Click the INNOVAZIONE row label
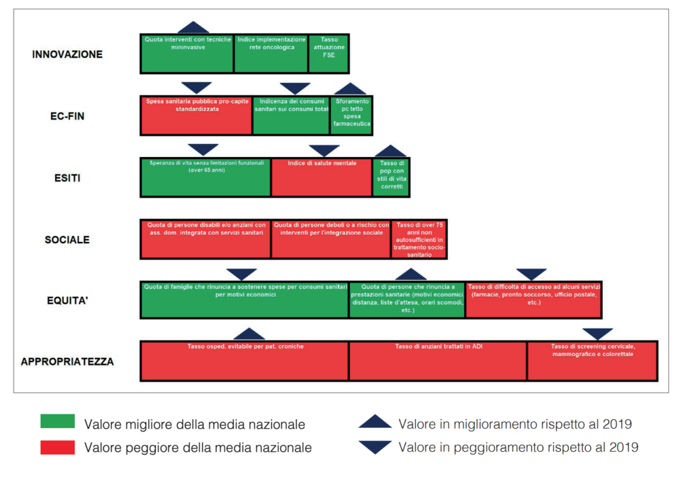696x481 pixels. tap(67, 54)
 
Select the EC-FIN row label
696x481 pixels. tap(67, 116)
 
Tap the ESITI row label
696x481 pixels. tap(67, 178)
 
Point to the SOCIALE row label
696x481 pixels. tap(67, 240)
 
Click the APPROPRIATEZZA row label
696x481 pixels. tap(67, 361)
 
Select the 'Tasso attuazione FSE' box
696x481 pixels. tap(329, 54)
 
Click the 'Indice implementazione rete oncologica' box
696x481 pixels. tap(271, 54)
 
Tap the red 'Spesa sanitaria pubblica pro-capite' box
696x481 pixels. tap(196, 115)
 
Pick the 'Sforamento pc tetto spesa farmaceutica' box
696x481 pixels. tap(351, 115)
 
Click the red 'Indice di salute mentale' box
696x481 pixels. tap(321, 177)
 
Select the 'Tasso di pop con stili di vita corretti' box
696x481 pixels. tap(391, 177)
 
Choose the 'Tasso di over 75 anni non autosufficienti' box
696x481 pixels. tap(419, 238)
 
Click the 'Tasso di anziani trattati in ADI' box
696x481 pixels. tap(438, 361)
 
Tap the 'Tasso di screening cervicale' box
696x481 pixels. tap(593, 361)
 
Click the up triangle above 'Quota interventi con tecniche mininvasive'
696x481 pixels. tap(193, 28)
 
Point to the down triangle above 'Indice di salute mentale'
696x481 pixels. tap(324, 150)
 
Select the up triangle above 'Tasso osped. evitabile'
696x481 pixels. tap(249, 334)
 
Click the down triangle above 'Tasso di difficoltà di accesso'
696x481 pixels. tap(532, 274)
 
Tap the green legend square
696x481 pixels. tap(58, 421)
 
